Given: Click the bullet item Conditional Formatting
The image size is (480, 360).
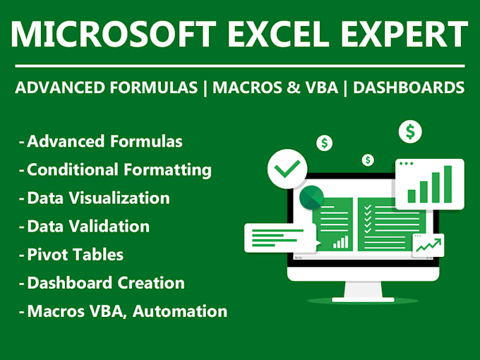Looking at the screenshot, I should [x=119, y=169].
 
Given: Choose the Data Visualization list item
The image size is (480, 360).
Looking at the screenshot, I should [x=98, y=198].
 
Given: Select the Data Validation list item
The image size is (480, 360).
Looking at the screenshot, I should [x=88, y=226].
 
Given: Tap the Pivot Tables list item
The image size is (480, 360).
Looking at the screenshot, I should [x=75, y=254].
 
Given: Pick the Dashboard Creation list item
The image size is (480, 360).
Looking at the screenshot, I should [x=105, y=282].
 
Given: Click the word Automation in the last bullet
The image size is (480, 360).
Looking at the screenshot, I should [x=191, y=311].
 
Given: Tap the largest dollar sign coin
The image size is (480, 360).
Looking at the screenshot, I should [x=410, y=131].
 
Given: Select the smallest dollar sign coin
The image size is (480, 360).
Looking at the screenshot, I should [x=368, y=160].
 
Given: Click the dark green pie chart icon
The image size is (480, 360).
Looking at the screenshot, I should [x=311, y=198].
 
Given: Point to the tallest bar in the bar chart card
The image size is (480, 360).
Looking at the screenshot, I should [x=447, y=184].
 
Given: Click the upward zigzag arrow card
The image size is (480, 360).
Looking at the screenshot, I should [x=428, y=246].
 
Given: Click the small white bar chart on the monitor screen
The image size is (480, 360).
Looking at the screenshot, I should [x=341, y=242].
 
